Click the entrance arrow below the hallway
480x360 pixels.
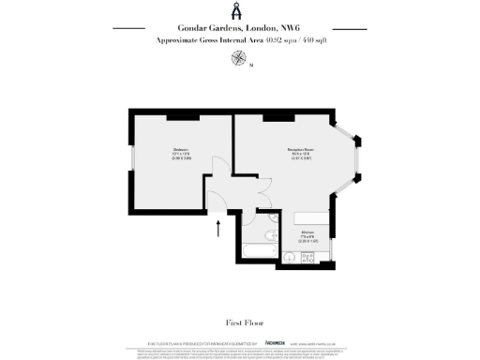pos(218,227)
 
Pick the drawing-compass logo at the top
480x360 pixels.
pos(239,11)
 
